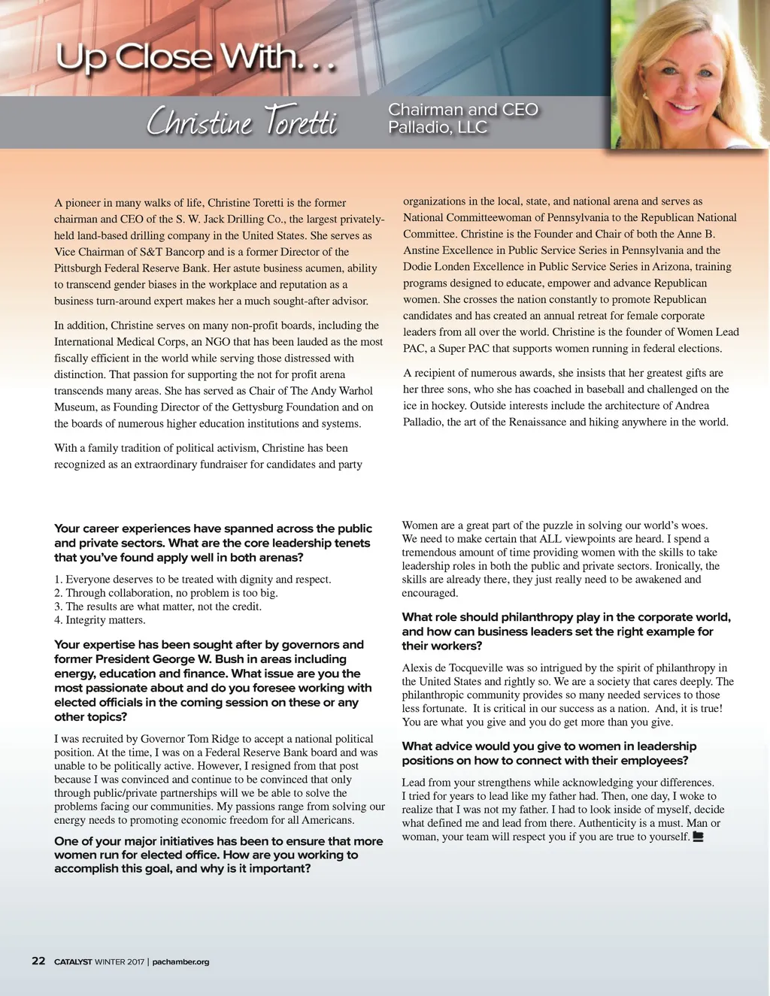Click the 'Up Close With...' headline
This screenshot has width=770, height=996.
click(195, 58)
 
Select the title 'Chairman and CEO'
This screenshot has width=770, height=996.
click(462, 110)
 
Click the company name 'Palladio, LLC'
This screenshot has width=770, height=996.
click(437, 128)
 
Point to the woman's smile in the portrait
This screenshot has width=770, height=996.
click(684, 107)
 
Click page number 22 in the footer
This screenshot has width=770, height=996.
click(38, 961)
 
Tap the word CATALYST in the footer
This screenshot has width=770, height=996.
click(73, 961)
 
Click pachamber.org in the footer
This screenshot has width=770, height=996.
click(180, 961)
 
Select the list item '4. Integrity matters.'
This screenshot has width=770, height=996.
click(100, 620)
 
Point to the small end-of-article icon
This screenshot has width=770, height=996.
click(698, 837)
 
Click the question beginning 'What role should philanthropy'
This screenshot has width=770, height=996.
click(565, 631)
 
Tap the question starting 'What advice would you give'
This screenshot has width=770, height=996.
click(549, 753)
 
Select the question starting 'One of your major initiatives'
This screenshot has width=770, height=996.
click(218, 855)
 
